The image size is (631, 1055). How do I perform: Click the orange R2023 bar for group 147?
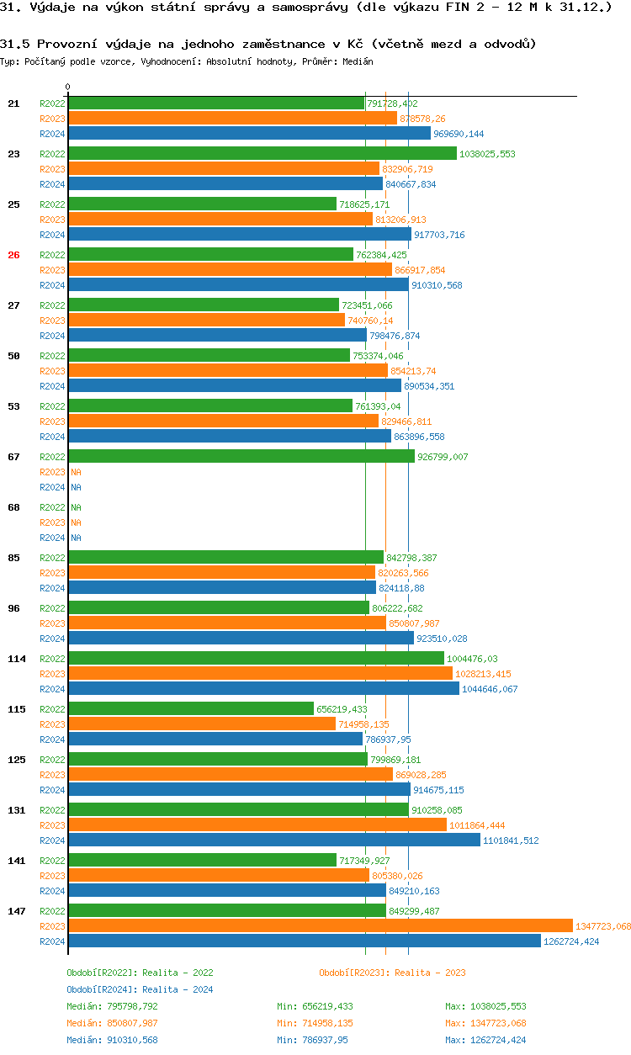[320, 925]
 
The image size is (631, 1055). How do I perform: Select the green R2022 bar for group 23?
[262, 153]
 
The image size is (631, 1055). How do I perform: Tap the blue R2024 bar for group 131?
[273, 840]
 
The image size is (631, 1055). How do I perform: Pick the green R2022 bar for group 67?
[241, 456]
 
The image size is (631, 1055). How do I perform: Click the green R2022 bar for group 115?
[190, 708]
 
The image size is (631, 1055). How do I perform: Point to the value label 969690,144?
[459, 134]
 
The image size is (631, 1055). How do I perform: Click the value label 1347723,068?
[602, 926]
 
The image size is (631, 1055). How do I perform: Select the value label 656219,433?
[342, 709]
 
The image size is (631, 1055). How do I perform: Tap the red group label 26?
[13, 255]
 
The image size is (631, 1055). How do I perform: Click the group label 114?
[17, 659]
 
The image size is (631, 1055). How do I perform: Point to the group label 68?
[13, 507]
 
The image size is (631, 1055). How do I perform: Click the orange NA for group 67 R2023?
[76, 472]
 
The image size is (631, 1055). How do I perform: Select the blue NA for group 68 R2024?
[76, 538]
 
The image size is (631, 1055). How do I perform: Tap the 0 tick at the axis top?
[68, 87]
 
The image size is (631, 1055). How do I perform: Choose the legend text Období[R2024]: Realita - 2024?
[140, 989]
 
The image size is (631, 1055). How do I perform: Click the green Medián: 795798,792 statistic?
[112, 1006]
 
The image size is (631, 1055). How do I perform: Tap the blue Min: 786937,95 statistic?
[312, 1040]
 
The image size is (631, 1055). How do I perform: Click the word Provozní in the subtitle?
[68, 44]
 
